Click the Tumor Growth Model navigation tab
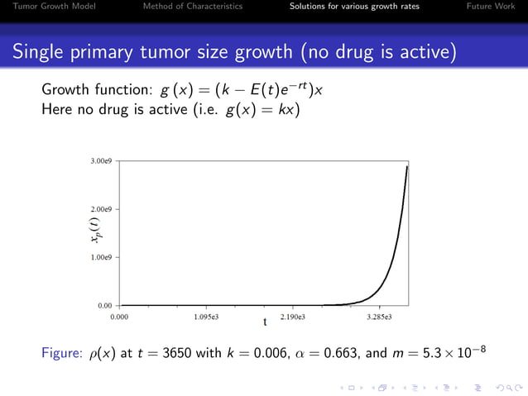(x=48, y=7)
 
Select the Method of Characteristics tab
(x=193, y=7)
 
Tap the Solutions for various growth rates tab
(x=354, y=7)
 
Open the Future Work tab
(x=491, y=7)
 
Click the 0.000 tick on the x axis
(x=120, y=317)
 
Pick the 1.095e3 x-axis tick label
(x=206, y=317)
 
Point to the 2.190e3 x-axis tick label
(x=293, y=317)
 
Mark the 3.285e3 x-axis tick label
(x=379, y=317)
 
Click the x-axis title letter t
(x=265, y=322)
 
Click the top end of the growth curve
(x=407, y=166)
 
